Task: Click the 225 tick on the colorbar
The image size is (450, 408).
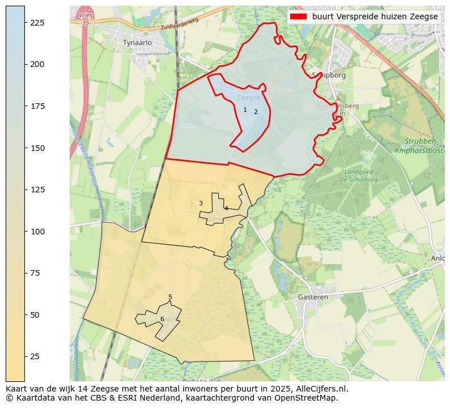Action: tap(25, 22)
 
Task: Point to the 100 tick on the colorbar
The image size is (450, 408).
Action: tap(25, 232)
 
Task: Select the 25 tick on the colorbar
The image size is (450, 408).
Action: tap(25, 356)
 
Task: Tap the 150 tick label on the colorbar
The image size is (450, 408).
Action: tap(36, 148)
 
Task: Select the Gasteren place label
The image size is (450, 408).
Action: tap(313, 297)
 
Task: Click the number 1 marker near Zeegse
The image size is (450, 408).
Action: tap(245, 110)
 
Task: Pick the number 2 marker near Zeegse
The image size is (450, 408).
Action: tap(256, 112)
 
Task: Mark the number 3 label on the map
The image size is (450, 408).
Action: tap(201, 203)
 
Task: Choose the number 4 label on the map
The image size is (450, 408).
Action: tap(226, 208)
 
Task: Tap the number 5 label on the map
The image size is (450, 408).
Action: tap(170, 297)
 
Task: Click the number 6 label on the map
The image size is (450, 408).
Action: tap(162, 319)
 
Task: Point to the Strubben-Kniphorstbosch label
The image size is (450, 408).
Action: tap(419, 146)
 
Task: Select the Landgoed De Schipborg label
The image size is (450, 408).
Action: tap(358, 175)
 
